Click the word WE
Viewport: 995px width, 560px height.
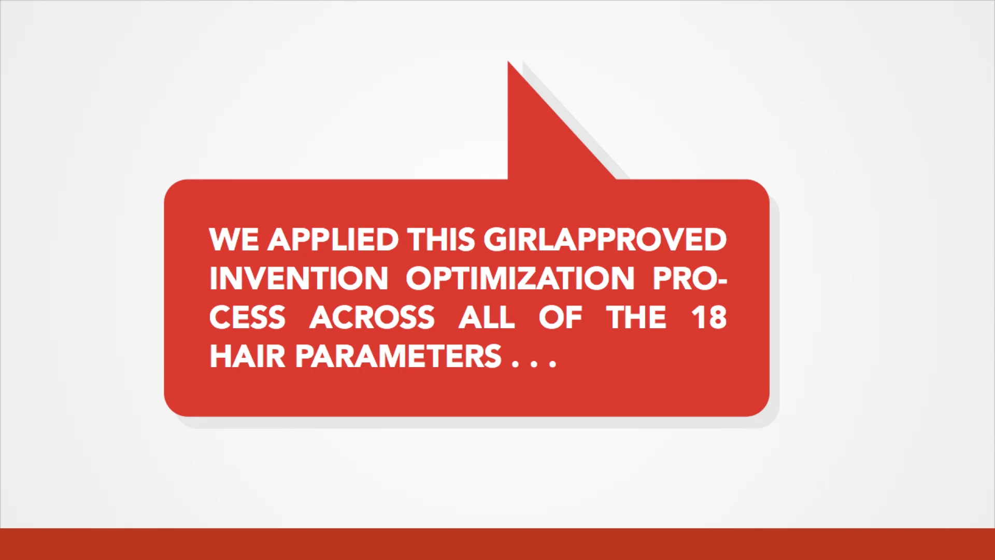(234, 240)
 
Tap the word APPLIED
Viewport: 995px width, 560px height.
(333, 240)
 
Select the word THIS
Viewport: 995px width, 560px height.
(441, 240)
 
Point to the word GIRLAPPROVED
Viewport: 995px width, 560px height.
(605, 240)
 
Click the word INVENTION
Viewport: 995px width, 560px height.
(298, 278)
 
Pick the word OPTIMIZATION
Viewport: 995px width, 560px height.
(520, 278)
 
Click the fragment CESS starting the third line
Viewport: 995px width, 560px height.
(247, 317)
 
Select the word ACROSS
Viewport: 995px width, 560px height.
(372, 317)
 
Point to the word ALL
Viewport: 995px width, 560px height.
(487, 317)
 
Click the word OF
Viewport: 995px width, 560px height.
(560, 317)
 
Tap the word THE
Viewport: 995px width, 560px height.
(636, 317)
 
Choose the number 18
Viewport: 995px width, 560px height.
(709, 317)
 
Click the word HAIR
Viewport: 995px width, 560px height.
(247, 356)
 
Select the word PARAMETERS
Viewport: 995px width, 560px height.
(398, 356)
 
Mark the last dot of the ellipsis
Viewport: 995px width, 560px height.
(552, 365)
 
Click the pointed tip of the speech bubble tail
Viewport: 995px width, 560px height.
(508, 63)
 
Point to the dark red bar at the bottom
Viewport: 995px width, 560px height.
(497, 544)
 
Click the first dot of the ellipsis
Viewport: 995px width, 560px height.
(516, 365)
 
